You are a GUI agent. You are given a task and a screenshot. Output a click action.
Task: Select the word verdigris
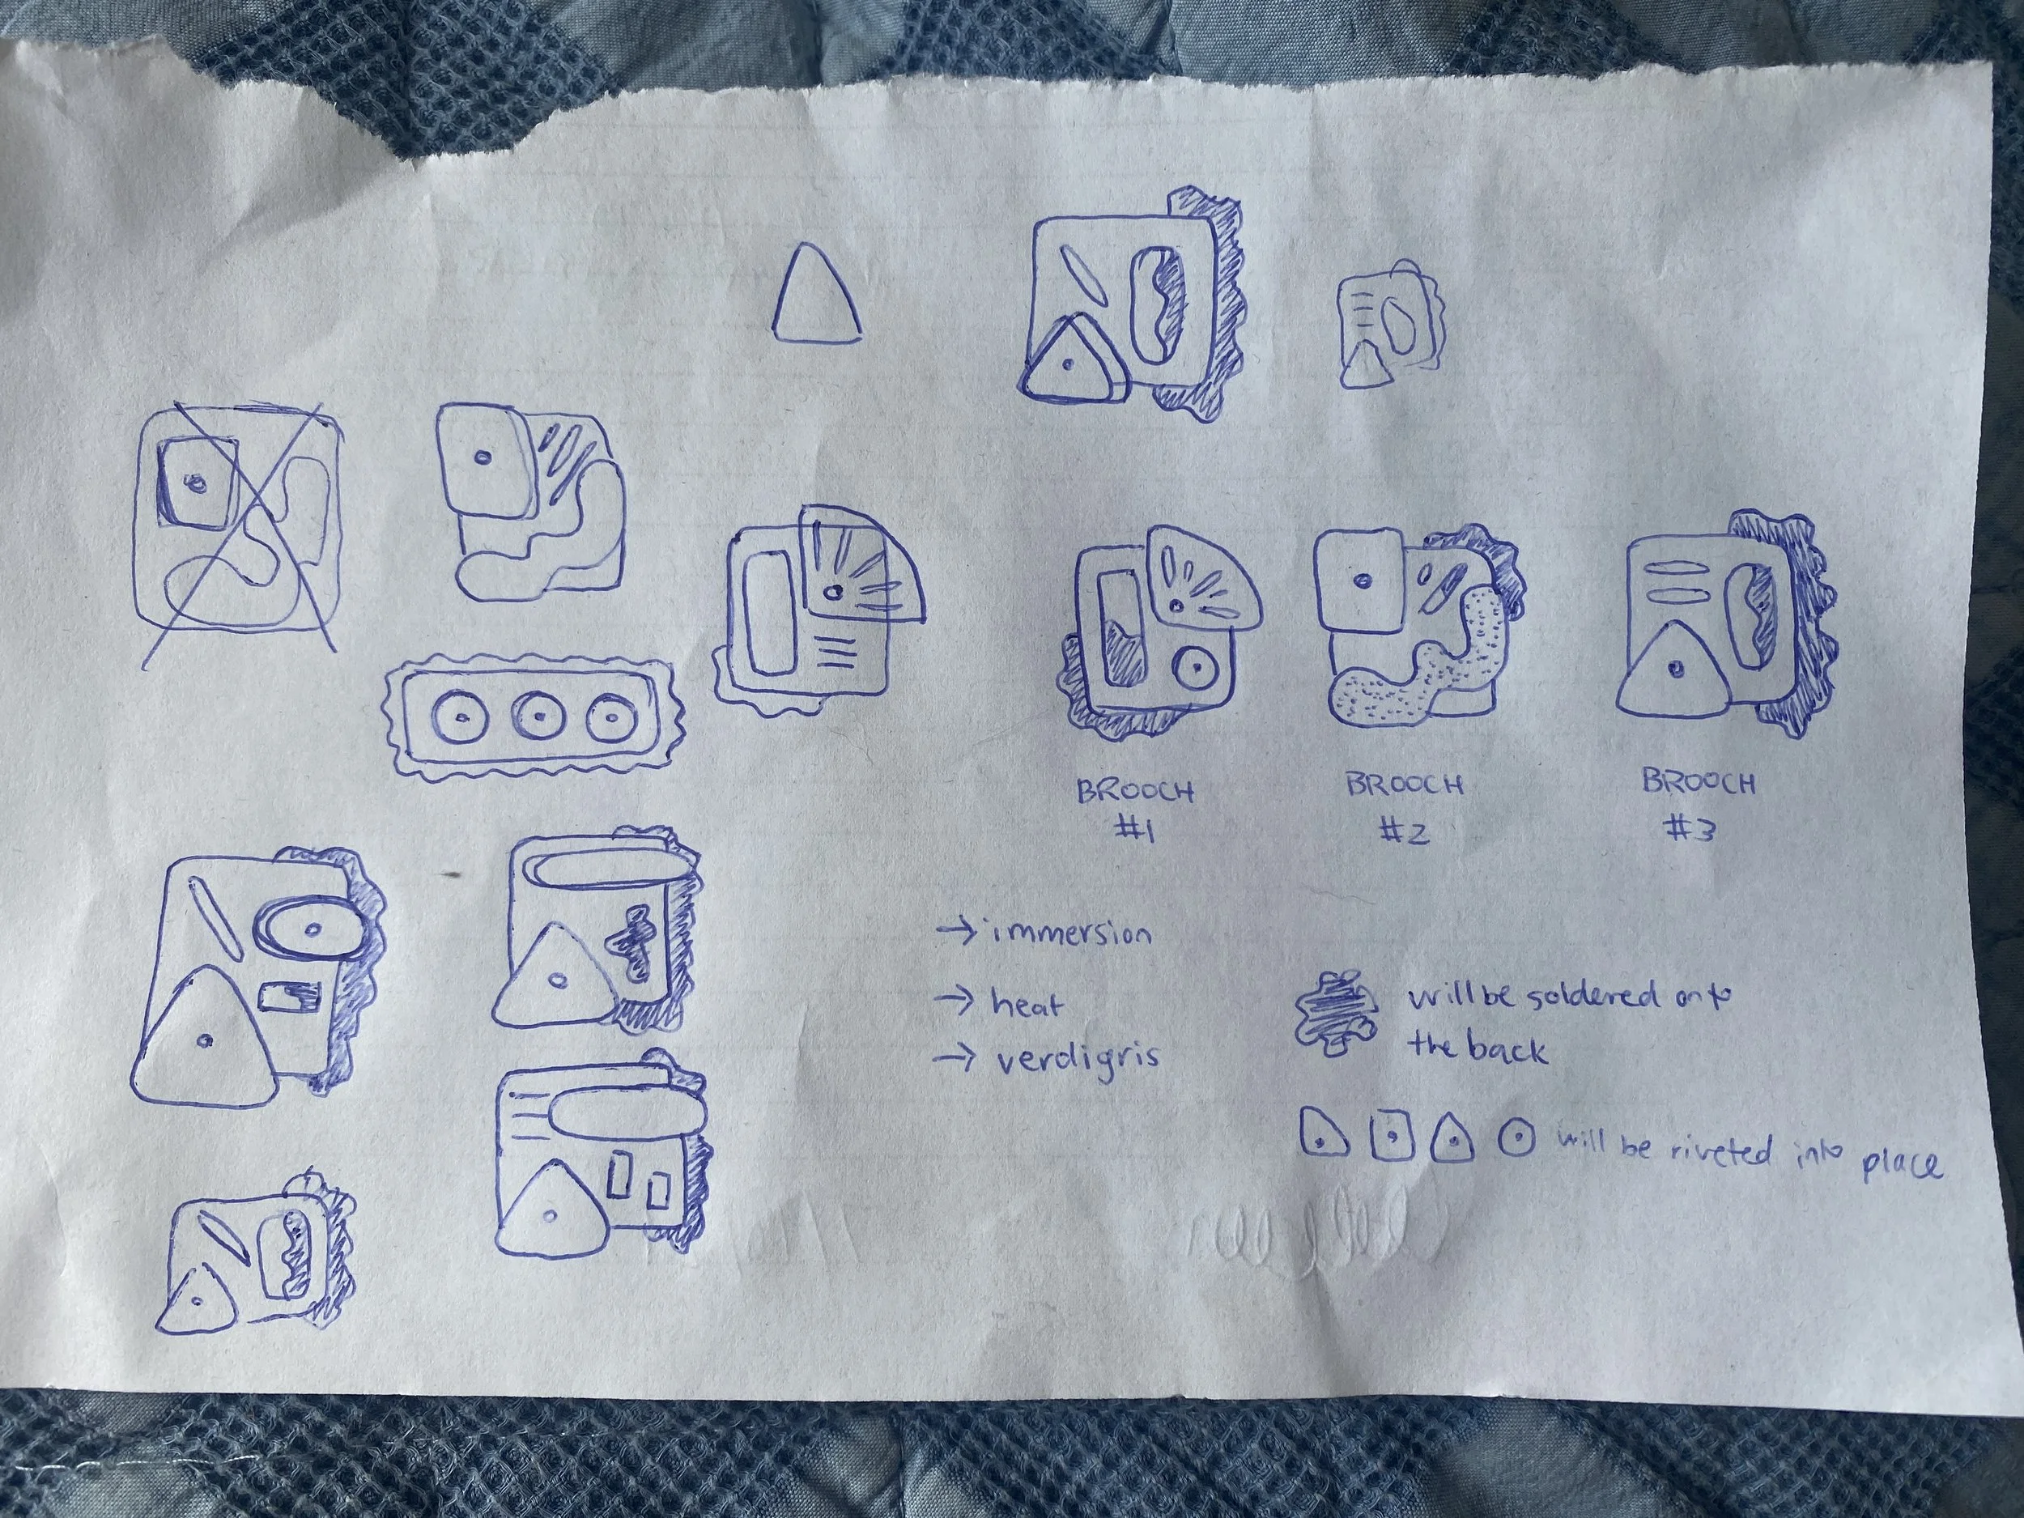1075,1058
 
